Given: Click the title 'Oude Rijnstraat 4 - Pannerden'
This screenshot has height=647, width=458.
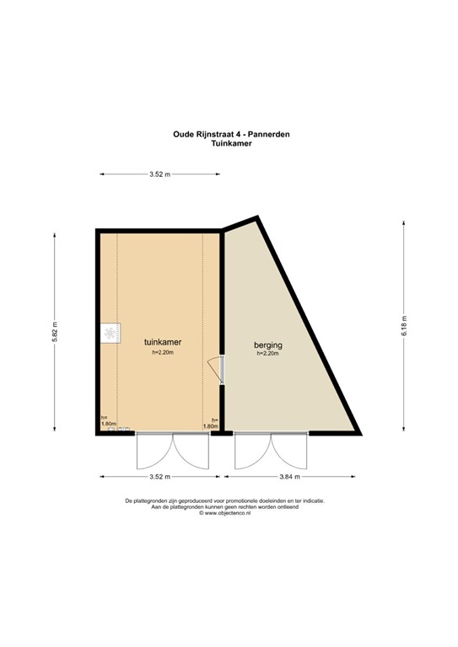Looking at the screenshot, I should (x=229, y=132).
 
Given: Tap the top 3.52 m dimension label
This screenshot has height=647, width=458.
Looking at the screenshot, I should (x=159, y=174).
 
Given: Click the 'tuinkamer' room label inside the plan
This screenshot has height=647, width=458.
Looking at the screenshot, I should (x=164, y=343).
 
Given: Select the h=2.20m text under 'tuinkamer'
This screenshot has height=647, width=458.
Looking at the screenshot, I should (x=164, y=354).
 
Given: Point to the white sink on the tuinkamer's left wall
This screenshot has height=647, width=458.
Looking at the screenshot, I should (x=110, y=334).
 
